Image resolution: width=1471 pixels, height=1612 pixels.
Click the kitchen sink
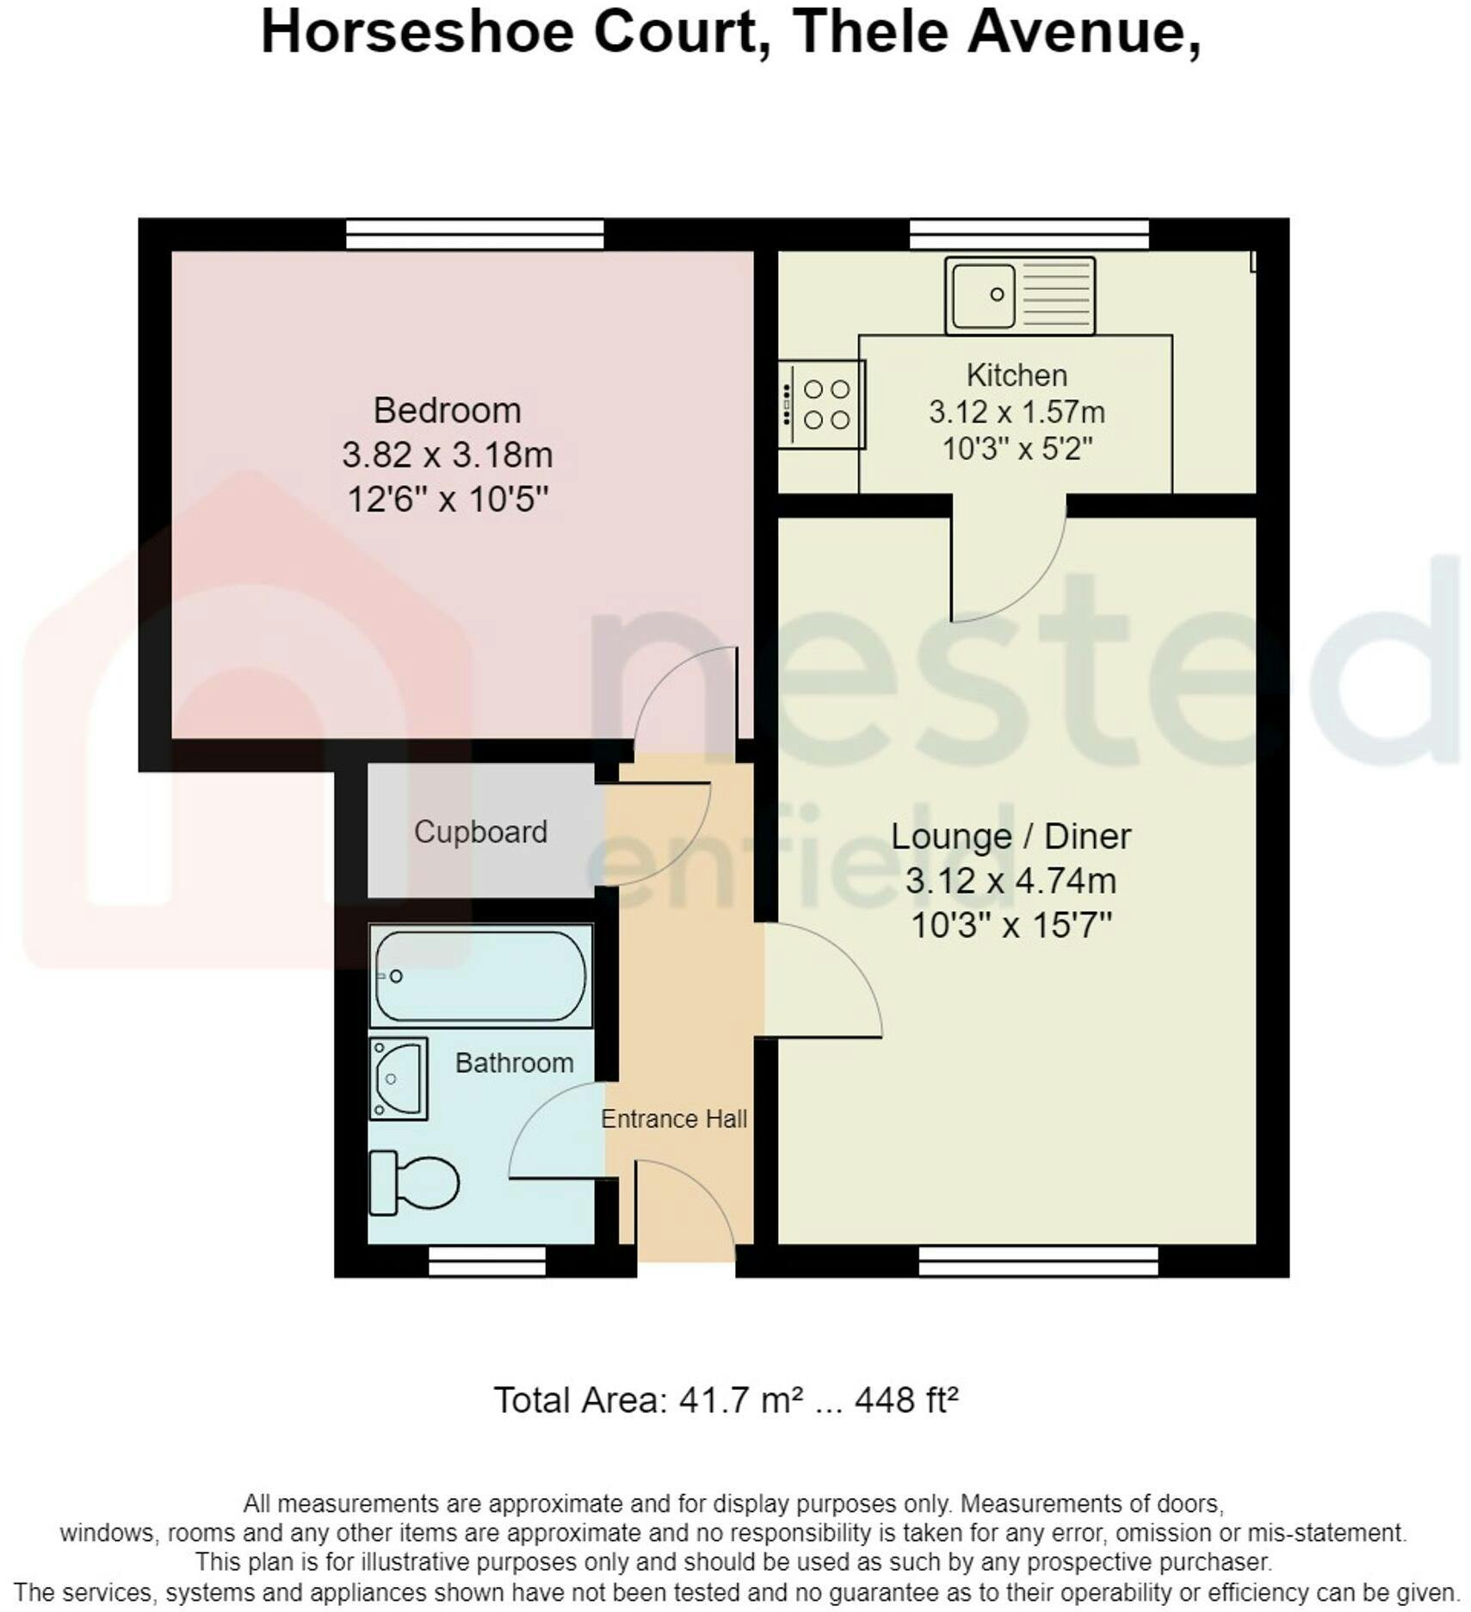click(x=1019, y=295)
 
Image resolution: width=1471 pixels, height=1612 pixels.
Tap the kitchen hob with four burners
click(x=821, y=404)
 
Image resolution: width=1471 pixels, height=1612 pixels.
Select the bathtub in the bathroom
click(x=480, y=976)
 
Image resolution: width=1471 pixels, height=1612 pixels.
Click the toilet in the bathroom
click(x=413, y=1183)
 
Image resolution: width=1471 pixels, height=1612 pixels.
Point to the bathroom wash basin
click(x=399, y=1078)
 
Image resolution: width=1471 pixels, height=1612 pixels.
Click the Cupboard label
click(x=480, y=832)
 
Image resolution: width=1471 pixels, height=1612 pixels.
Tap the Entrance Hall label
click(x=674, y=1119)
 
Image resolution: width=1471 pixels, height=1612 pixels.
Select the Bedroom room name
click(x=448, y=410)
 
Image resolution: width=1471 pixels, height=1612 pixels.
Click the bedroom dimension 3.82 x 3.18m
click(x=448, y=455)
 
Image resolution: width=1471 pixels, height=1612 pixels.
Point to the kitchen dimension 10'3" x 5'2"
click(x=1017, y=449)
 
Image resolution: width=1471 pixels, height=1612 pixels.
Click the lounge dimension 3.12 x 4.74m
click(x=1011, y=881)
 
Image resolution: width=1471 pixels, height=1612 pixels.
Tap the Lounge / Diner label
click(x=1011, y=836)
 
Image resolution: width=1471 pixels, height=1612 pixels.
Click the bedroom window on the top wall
click(x=475, y=234)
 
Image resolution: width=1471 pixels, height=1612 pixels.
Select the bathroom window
click(x=487, y=1262)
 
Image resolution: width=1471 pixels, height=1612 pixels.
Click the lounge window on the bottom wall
click(x=1038, y=1262)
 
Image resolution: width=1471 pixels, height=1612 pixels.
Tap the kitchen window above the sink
click(x=1029, y=234)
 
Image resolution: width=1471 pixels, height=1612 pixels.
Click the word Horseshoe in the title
click(x=417, y=33)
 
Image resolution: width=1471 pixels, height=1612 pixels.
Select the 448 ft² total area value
click(x=905, y=1401)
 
